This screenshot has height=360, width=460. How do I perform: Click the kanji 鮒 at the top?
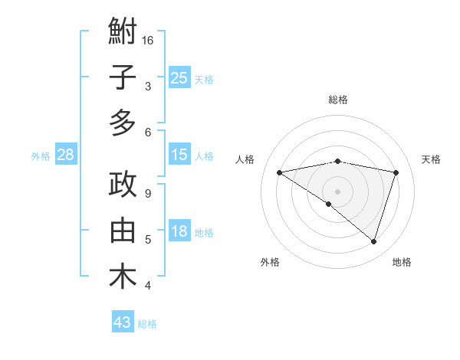(x=123, y=32)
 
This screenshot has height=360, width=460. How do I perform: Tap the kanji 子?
(x=123, y=78)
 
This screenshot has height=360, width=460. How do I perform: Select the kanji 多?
(x=123, y=123)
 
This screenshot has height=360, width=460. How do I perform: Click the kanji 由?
(x=123, y=231)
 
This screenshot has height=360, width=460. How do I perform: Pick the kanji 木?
(x=123, y=277)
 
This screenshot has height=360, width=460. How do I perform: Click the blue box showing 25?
(x=179, y=77)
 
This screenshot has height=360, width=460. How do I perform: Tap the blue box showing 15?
(x=179, y=155)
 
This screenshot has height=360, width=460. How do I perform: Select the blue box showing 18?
(x=179, y=231)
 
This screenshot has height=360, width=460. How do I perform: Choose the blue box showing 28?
(x=65, y=155)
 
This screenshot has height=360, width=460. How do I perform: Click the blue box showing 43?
(x=123, y=322)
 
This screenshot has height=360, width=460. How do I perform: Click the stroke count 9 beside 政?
(x=148, y=193)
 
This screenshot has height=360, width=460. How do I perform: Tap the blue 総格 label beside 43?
(x=147, y=324)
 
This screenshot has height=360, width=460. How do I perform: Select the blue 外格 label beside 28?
(x=41, y=156)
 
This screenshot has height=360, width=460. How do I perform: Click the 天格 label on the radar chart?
(x=431, y=159)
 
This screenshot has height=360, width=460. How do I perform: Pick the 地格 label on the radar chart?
(x=402, y=262)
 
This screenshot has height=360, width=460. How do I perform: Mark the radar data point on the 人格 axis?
(x=280, y=172)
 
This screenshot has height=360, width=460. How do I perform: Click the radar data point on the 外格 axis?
(x=329, y=204)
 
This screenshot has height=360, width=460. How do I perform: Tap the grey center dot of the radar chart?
(x=337, y=191)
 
